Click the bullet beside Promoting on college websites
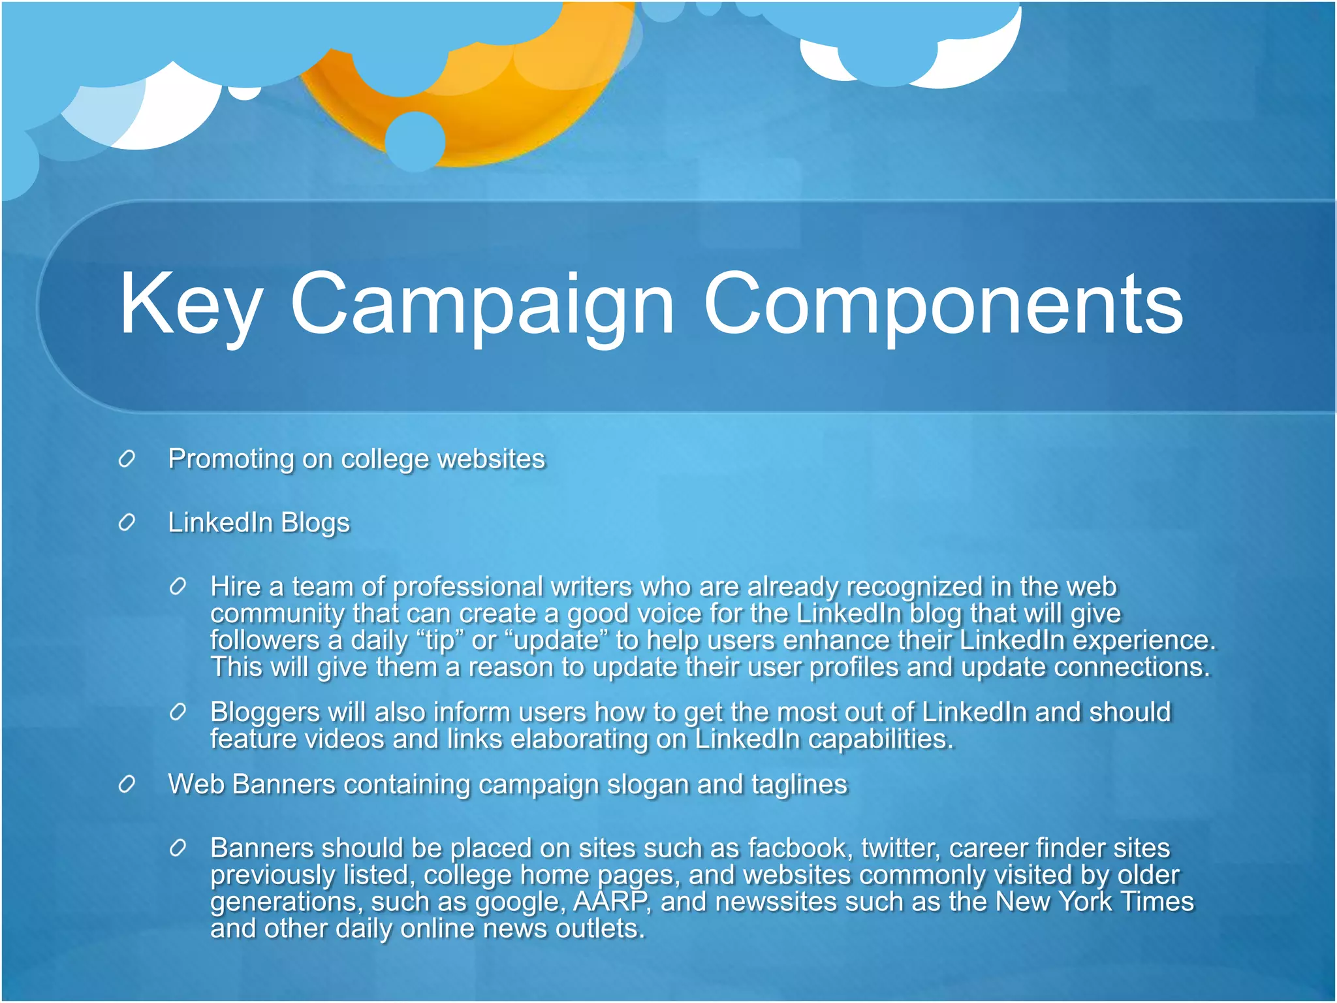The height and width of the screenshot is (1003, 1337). click(127, 459)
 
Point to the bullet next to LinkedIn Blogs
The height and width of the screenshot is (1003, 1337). click(127, 522)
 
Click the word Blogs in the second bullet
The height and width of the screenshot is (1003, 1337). click(315, 523)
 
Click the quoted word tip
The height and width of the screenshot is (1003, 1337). click(439, 641)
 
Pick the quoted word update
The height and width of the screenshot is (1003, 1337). click(556, 641)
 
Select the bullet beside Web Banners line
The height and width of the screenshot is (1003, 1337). click(127, 784)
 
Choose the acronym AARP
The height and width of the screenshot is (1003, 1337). click(610, 902)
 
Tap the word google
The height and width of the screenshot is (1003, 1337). click(518, 903)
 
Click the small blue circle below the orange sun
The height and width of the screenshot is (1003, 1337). click(415, 140)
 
